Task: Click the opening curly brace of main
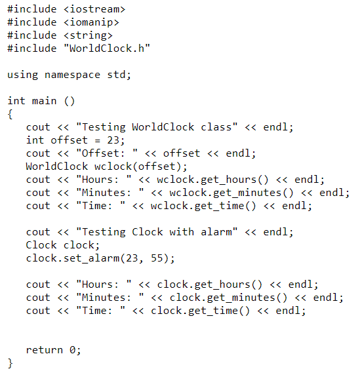coord(10,114)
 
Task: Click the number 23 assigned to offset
coord(117,140)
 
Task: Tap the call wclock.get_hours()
coord(207,180)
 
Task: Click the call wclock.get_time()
coord(201,206)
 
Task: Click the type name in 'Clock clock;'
coord(41,245)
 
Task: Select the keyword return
coord(45,350)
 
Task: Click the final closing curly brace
coord(10,363)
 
